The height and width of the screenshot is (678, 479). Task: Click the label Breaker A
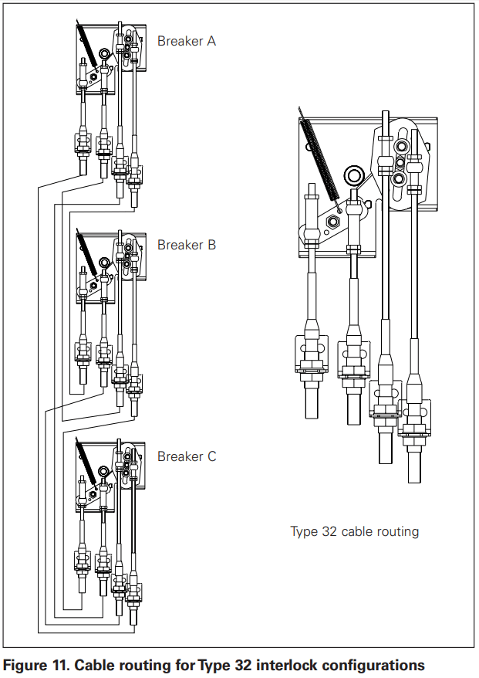[x=187, y=41]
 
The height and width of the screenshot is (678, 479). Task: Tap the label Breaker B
[x=187, y=245]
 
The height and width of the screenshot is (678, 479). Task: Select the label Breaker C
[x=187, y=456]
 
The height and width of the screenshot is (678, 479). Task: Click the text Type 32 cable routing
[x=354, y=531]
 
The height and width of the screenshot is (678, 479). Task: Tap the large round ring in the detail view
[x=355, y=176]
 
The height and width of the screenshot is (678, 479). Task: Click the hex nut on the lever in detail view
[x=333, y=222]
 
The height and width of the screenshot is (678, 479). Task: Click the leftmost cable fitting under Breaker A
[x=81, y=144]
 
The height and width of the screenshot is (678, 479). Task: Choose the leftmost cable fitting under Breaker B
[x=81, y=352]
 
